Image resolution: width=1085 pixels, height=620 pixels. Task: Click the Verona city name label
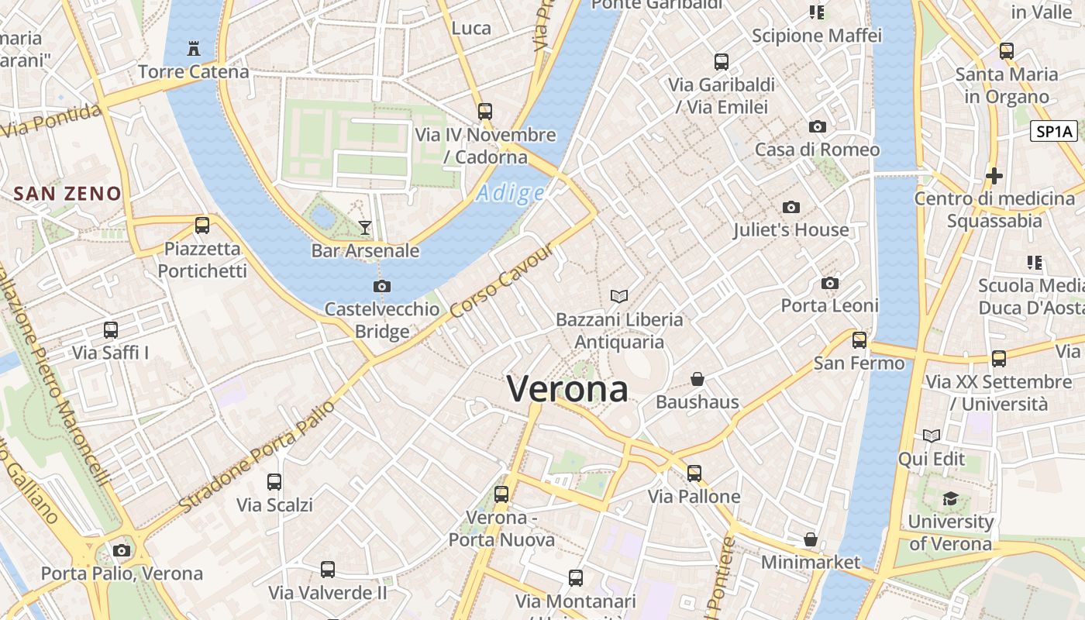click(567, 388)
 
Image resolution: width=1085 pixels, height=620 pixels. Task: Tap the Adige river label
click(510, 193)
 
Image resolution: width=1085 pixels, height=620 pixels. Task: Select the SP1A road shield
click(1054, 131)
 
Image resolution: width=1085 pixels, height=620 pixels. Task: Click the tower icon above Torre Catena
click(194, 49)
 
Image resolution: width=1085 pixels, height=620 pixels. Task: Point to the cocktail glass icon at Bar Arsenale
click(365, 227)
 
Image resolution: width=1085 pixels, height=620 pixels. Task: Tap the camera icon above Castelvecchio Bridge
click(381, 286)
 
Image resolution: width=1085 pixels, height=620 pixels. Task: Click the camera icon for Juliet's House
click(790, 207)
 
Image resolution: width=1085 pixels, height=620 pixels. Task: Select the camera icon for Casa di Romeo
click(817, 126)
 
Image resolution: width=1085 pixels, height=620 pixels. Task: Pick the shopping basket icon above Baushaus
click(697, 379)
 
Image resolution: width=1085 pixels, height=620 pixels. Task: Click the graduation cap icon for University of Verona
click(950, 498)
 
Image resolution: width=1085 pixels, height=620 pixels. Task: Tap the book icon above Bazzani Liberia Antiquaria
click(619, 296)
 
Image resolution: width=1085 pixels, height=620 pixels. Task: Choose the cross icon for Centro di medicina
click(994, 176)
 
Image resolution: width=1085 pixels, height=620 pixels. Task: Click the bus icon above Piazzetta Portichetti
click(202, 226)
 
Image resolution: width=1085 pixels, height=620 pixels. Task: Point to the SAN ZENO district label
click(67, 194)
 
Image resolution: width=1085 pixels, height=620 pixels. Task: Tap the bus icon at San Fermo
click(859, 339)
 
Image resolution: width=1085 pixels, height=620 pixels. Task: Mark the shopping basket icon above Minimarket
click(811, 539)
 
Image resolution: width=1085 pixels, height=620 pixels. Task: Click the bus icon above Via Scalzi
click(274, 481)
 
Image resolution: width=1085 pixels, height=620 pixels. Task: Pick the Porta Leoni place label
click(829, 305)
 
